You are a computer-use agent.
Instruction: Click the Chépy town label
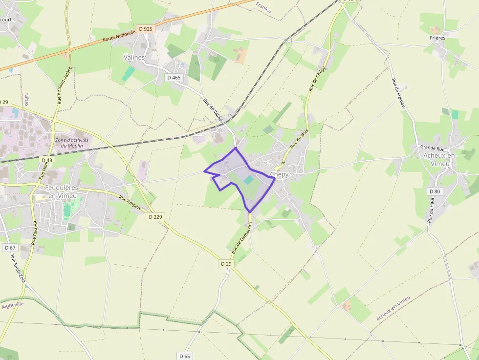(x=280, y=174)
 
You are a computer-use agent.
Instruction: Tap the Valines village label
(x=134, y=57)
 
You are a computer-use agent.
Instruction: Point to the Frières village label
(x=437, y=38)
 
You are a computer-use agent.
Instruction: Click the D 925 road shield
(x=146, y=29)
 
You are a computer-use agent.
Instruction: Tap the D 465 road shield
(x=174, y=77)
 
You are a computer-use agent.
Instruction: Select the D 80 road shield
(x=434, y=191)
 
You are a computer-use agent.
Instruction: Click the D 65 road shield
(x=184, y=356)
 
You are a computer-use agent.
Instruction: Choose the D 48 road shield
(x=47, y=160)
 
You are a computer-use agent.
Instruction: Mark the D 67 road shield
(x=10, y=248)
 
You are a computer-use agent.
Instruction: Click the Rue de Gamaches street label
(x=241, y=238)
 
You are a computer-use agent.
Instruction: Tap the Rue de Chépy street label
(x=317, y=79)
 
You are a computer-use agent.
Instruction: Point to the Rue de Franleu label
(x=399, y=93)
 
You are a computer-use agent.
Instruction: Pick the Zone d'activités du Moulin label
(x=72, y=143)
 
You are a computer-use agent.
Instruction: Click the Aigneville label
(x=13, y=304)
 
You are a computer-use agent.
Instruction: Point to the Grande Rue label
(x=433, y=147)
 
